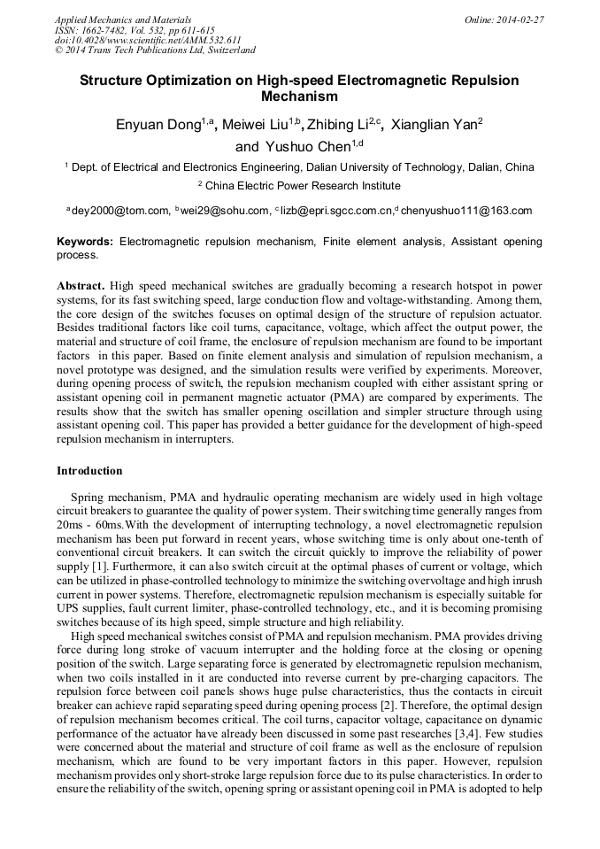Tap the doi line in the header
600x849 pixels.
coord(148,40)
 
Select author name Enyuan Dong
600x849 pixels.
coord(158,125)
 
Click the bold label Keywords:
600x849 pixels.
coord(85,242)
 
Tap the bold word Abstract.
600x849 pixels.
coord(81,287)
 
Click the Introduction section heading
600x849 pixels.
coord(89,471)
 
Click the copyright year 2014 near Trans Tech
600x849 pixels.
coord(81,50)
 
